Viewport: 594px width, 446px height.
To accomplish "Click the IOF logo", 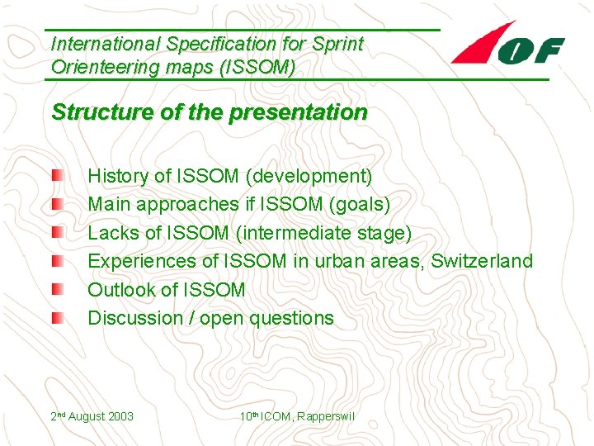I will [x=507, y=46].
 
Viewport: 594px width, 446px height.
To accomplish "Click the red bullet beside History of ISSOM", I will [x=55, y=176].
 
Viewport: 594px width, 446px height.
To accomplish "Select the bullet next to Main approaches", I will [x=55, y=204].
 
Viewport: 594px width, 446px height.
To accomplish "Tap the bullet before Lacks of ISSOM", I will [x=55, y=233].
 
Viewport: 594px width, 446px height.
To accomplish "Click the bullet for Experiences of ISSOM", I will [x=55, y=261].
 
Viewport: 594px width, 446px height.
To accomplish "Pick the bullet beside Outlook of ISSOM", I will [x=55, y=290].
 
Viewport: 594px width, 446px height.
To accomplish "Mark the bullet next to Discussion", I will [x=55, y=318].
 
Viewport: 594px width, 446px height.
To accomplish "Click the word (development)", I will [x=311, y=176].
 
